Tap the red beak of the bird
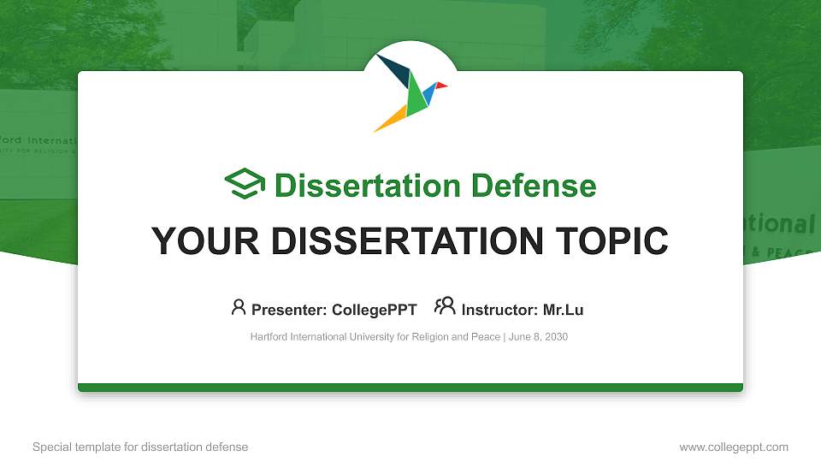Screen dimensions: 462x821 441,86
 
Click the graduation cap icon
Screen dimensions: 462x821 245,184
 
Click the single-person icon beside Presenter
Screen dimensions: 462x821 239,307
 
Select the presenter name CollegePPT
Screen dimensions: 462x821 375,310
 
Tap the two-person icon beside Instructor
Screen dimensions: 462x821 445,306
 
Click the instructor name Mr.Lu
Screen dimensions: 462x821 563,310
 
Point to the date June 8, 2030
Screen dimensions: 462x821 539,337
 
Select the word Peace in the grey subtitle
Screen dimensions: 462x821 487,337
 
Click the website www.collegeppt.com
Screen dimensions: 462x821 733,447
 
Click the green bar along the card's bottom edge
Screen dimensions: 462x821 410,388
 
